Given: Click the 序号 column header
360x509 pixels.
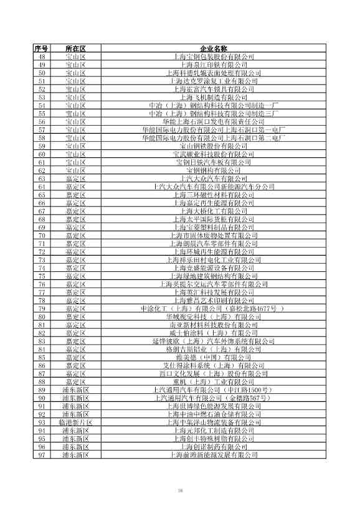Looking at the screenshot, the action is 42,49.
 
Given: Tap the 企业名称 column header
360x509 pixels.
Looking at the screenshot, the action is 214,49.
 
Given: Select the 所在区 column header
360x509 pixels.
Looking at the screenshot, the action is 75,49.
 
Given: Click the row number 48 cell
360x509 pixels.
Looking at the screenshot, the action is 42,57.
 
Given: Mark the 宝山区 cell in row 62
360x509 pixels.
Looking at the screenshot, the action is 75,170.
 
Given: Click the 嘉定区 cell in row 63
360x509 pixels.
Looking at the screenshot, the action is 75,178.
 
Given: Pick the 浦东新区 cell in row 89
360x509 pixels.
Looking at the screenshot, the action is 75,390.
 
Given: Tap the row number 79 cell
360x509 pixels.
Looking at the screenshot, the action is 42,309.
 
